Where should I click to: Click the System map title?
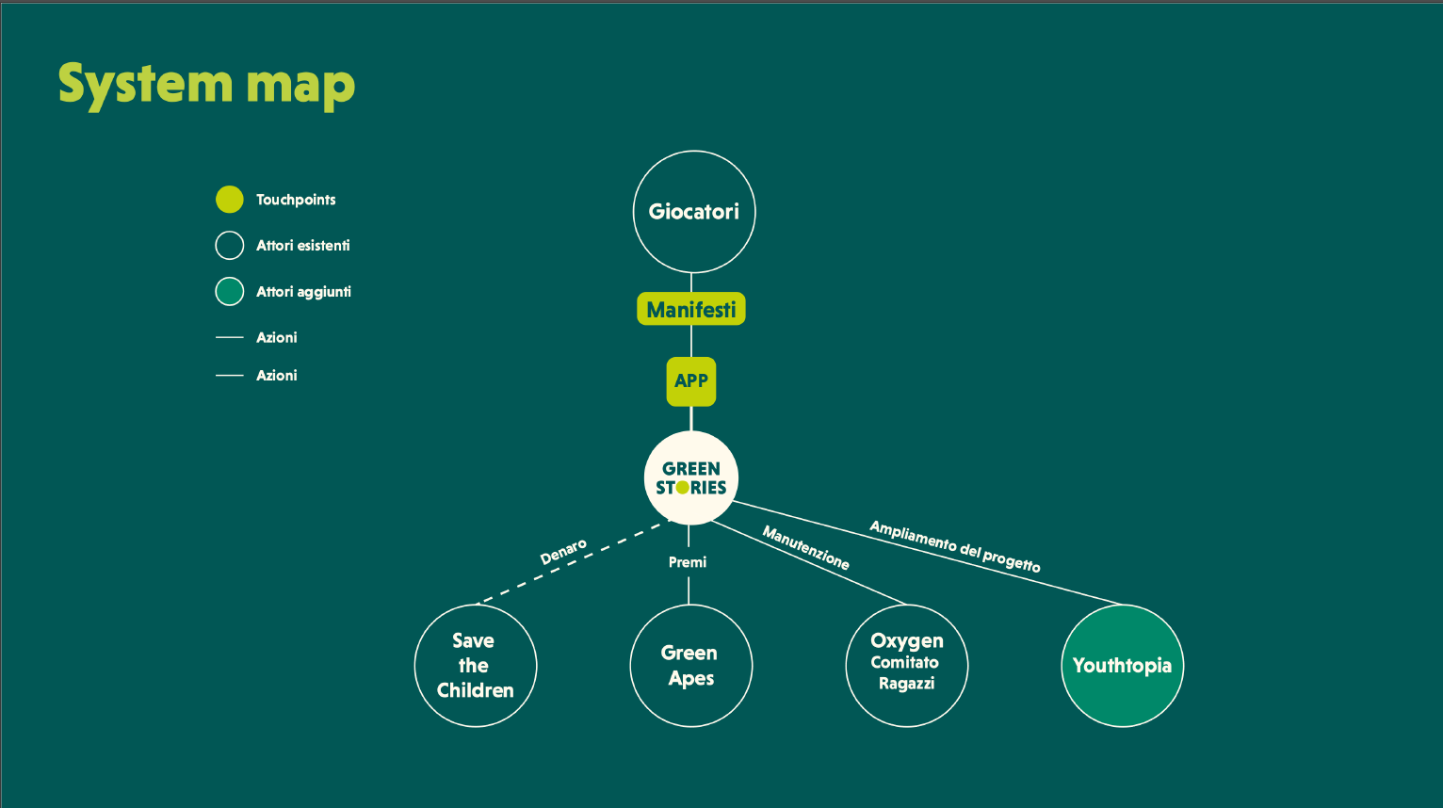tap(206, 85)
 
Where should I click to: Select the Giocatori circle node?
tap(694, 212)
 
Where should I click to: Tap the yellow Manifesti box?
tap(691, 309)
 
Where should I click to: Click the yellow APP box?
tap(691, 380)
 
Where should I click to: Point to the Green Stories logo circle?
tap(691, 477)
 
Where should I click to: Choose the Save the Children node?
tap(476, 666)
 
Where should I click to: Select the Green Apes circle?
tap(690, 666)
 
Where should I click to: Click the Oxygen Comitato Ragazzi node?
tap(906, 666)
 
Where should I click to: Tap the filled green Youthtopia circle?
tap(1122, 666)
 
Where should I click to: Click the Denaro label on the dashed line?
tap(563, 552)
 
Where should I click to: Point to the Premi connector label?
tap(688, 562)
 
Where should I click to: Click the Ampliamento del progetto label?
tap(954, 546)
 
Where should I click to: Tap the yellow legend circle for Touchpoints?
tap(230, 200)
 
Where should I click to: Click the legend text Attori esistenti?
tap(302, 246)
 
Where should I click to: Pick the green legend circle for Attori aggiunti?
tap(230, 292)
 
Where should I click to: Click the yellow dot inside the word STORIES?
tap(682, 488)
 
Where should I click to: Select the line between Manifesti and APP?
tap(691, 341)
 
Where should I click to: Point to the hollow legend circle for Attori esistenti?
tap(230, 246)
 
